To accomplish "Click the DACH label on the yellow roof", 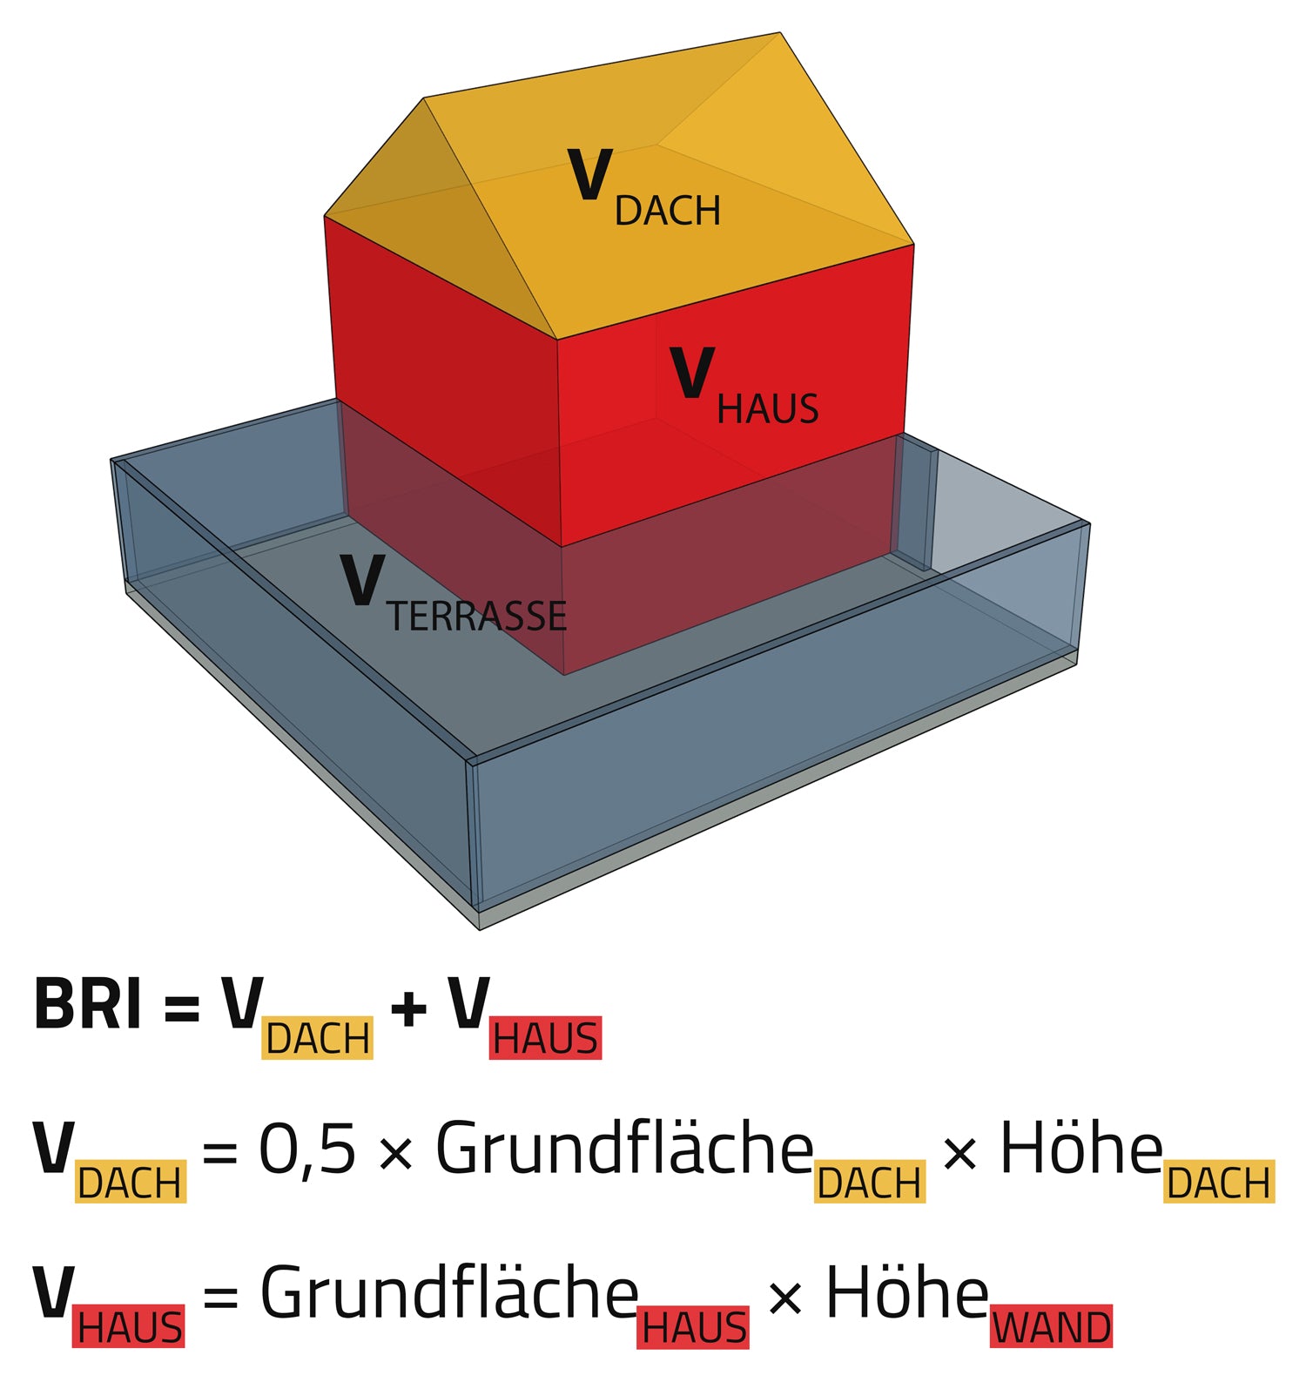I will coord(668,211).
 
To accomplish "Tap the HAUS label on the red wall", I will coord(767,408).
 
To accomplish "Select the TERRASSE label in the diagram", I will coord(477,617).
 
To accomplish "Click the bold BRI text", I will coord(87,1004).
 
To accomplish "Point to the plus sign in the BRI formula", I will coord(408,1009).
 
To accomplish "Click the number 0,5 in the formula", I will coord(307,1149).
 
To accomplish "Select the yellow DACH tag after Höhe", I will coord(1219,1183).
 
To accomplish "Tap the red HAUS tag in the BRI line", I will coord(545,1038).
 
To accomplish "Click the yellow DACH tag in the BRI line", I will coord(318,1038).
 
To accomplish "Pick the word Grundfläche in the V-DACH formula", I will coord(624,1149).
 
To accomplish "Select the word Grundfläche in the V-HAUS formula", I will coord(449,1293).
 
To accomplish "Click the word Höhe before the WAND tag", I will coord(905,1293).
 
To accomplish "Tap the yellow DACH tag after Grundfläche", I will coord(869,1183).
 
